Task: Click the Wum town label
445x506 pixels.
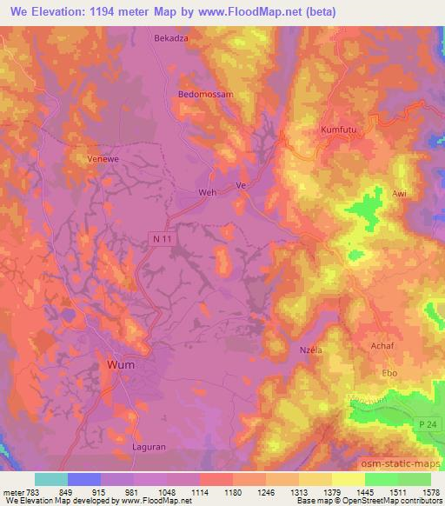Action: pyautogui.click(x=121, y=365)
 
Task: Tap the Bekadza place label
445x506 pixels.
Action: pyautogui.click(x=171, y=39)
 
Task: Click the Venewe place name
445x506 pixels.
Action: pyautogui.click(x=103, y=160)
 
